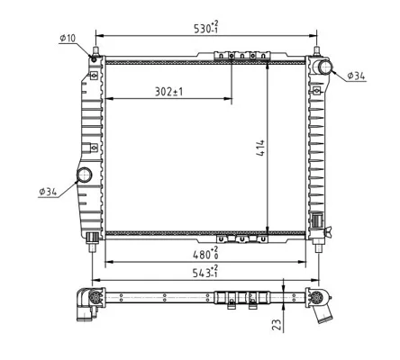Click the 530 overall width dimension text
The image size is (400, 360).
point(206,28)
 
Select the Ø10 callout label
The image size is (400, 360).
point(68,38)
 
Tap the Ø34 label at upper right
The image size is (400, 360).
point(356,76)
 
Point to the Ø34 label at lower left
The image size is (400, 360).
point(48,192)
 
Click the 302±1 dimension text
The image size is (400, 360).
point(168,92)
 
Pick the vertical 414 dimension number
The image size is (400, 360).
point(260,148)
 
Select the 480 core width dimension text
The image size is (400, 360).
point(205,254)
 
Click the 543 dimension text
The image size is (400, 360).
point(205,273)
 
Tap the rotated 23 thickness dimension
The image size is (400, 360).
point(277,324)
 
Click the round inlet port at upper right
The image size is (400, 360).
point(324,67)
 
